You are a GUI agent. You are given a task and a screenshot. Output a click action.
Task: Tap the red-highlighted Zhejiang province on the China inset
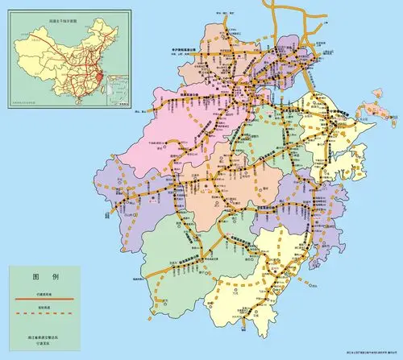tap(96, 72)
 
